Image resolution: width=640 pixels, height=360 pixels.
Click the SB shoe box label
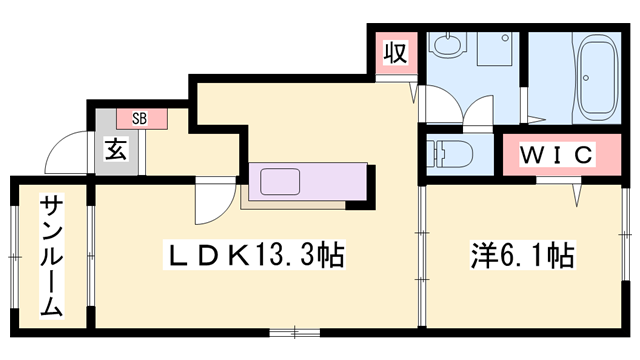[x=140, y=117]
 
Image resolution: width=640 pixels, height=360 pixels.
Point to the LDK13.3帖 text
[x=254, y=257]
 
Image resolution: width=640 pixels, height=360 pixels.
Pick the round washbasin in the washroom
[x=445, y=44]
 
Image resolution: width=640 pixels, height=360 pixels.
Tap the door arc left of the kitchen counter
[x=212, y=205]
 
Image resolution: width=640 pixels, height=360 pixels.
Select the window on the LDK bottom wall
[x=296, y=329]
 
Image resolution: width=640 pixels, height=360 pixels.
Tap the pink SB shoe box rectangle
[x=140, y=117]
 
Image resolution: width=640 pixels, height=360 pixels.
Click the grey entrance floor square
[x=115, y=152]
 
